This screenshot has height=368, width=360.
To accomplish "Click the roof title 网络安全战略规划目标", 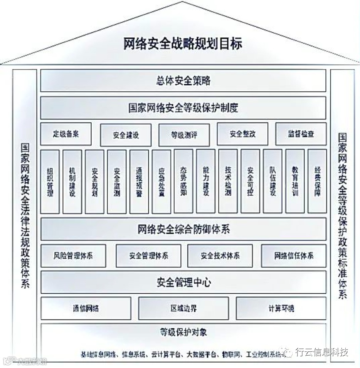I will tap(183, 43).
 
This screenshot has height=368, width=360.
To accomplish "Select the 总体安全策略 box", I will tap(183, 81).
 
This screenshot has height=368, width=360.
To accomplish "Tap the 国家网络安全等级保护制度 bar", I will tap(183, 108).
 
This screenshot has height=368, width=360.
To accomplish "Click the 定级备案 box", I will tap(66, 134).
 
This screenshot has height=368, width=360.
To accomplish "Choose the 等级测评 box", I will tap(184, 135).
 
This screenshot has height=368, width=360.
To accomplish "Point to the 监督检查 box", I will tap(301, 134).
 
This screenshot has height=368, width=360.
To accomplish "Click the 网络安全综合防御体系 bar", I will tap(183, 230).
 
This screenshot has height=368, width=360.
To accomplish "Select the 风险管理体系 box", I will tap(73, 256).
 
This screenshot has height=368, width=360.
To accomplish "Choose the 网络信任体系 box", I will tap(294, 256).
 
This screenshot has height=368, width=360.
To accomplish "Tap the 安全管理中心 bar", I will tap(183, 282).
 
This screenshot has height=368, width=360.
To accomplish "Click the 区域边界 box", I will tap(183, 308).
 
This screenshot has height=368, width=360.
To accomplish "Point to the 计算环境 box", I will tap(281, 308).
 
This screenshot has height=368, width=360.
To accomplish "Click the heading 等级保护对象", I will tap(183, 332).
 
